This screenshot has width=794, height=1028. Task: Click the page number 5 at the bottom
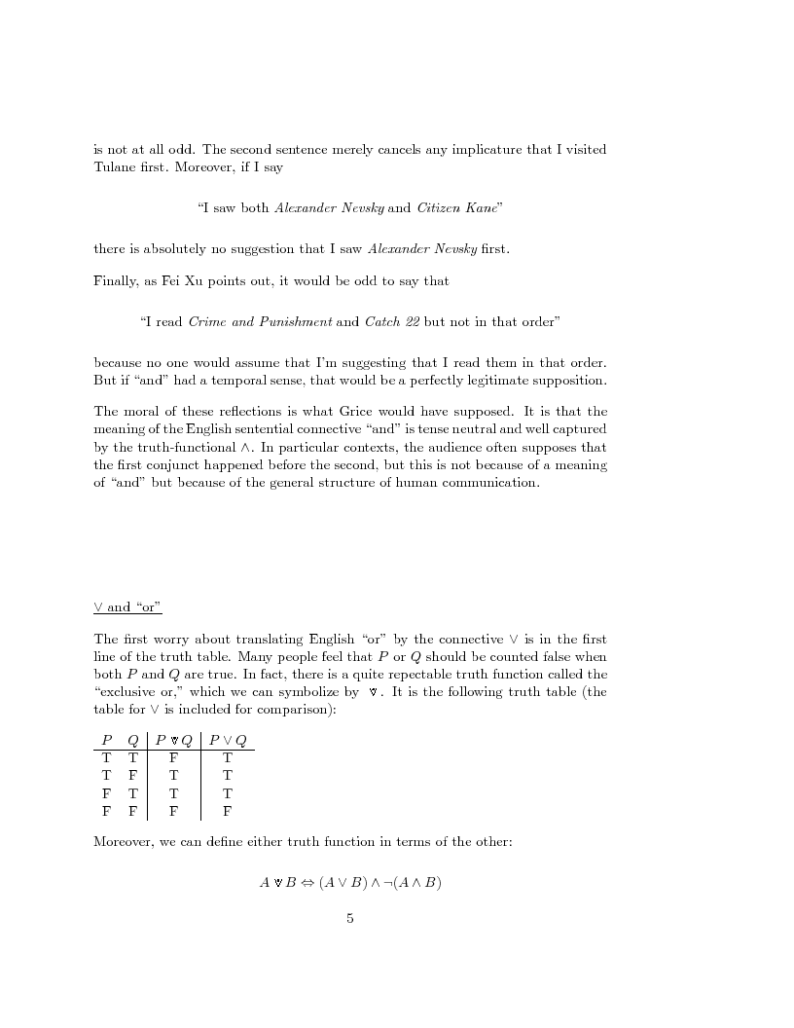(350, 917)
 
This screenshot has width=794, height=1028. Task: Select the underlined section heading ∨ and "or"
(127, 607)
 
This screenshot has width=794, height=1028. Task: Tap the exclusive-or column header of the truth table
(172, 741)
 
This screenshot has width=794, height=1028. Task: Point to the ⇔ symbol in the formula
(307, 883)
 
